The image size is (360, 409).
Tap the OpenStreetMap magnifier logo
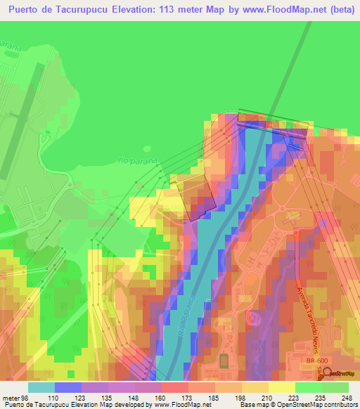[328, 371]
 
